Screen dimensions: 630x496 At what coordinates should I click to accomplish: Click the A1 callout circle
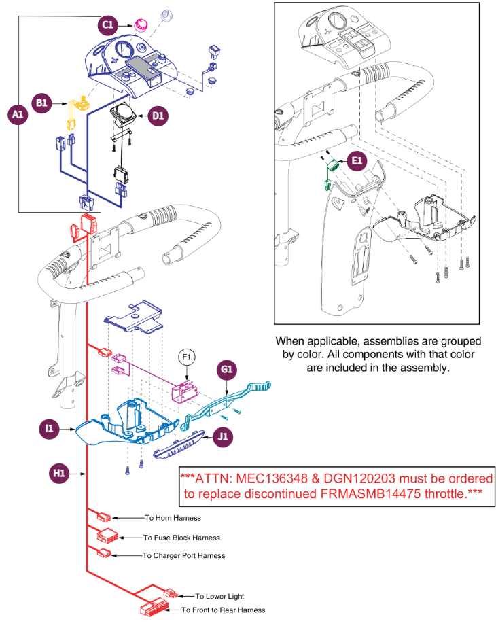(18, 116)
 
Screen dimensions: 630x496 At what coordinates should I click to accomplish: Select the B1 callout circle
(41, 103)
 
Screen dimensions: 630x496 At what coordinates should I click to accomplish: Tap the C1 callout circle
(106, 25)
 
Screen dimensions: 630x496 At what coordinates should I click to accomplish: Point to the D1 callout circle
(158, 116)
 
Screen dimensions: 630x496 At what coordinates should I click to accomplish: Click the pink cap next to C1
(142, 25)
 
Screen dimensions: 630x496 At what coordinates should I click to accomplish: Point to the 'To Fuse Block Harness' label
(181, 538)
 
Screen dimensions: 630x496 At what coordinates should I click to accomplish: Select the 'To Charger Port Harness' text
(183, 555)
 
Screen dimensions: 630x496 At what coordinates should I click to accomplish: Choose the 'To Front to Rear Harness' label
(223, 610)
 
